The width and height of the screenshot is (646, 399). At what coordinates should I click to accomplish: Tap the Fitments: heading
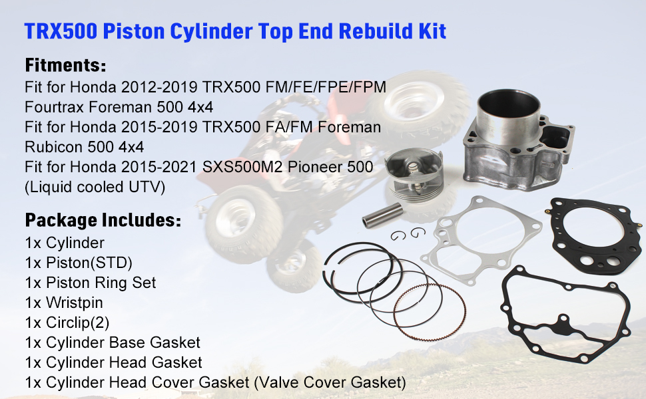65,66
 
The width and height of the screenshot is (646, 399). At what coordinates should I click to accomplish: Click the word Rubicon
55,146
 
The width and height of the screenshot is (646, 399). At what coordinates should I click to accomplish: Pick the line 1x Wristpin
64,303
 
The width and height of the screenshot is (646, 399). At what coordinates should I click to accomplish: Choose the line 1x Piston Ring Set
91,283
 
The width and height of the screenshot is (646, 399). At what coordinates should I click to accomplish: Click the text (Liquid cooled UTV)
95,187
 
